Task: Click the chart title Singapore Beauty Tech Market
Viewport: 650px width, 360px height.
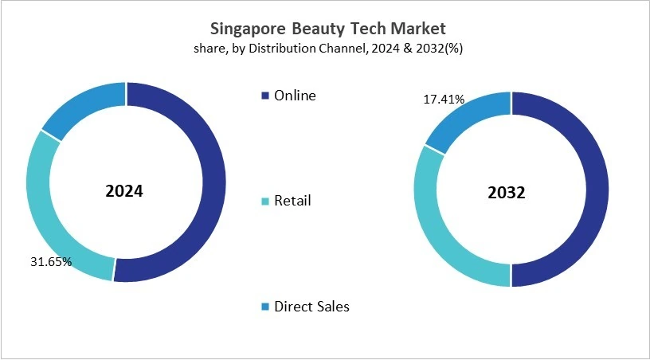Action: (x=327, y=28)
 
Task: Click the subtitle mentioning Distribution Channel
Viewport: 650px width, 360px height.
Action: (x=327, y=49)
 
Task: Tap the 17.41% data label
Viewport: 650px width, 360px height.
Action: (x=443, y=100)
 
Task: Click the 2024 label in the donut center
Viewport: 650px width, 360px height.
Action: (x=124, y=191)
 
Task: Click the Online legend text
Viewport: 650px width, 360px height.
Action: (x=295, y=96)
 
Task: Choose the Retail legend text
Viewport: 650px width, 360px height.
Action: (x=292, y=200)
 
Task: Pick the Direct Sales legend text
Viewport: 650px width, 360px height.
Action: (x=311, y=306)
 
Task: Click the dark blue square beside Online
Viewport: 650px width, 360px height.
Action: (x=265, y=96)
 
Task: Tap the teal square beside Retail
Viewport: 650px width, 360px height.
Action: (x=265, y=201)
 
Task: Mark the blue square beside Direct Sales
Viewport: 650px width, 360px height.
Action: (x=265, y=307)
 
